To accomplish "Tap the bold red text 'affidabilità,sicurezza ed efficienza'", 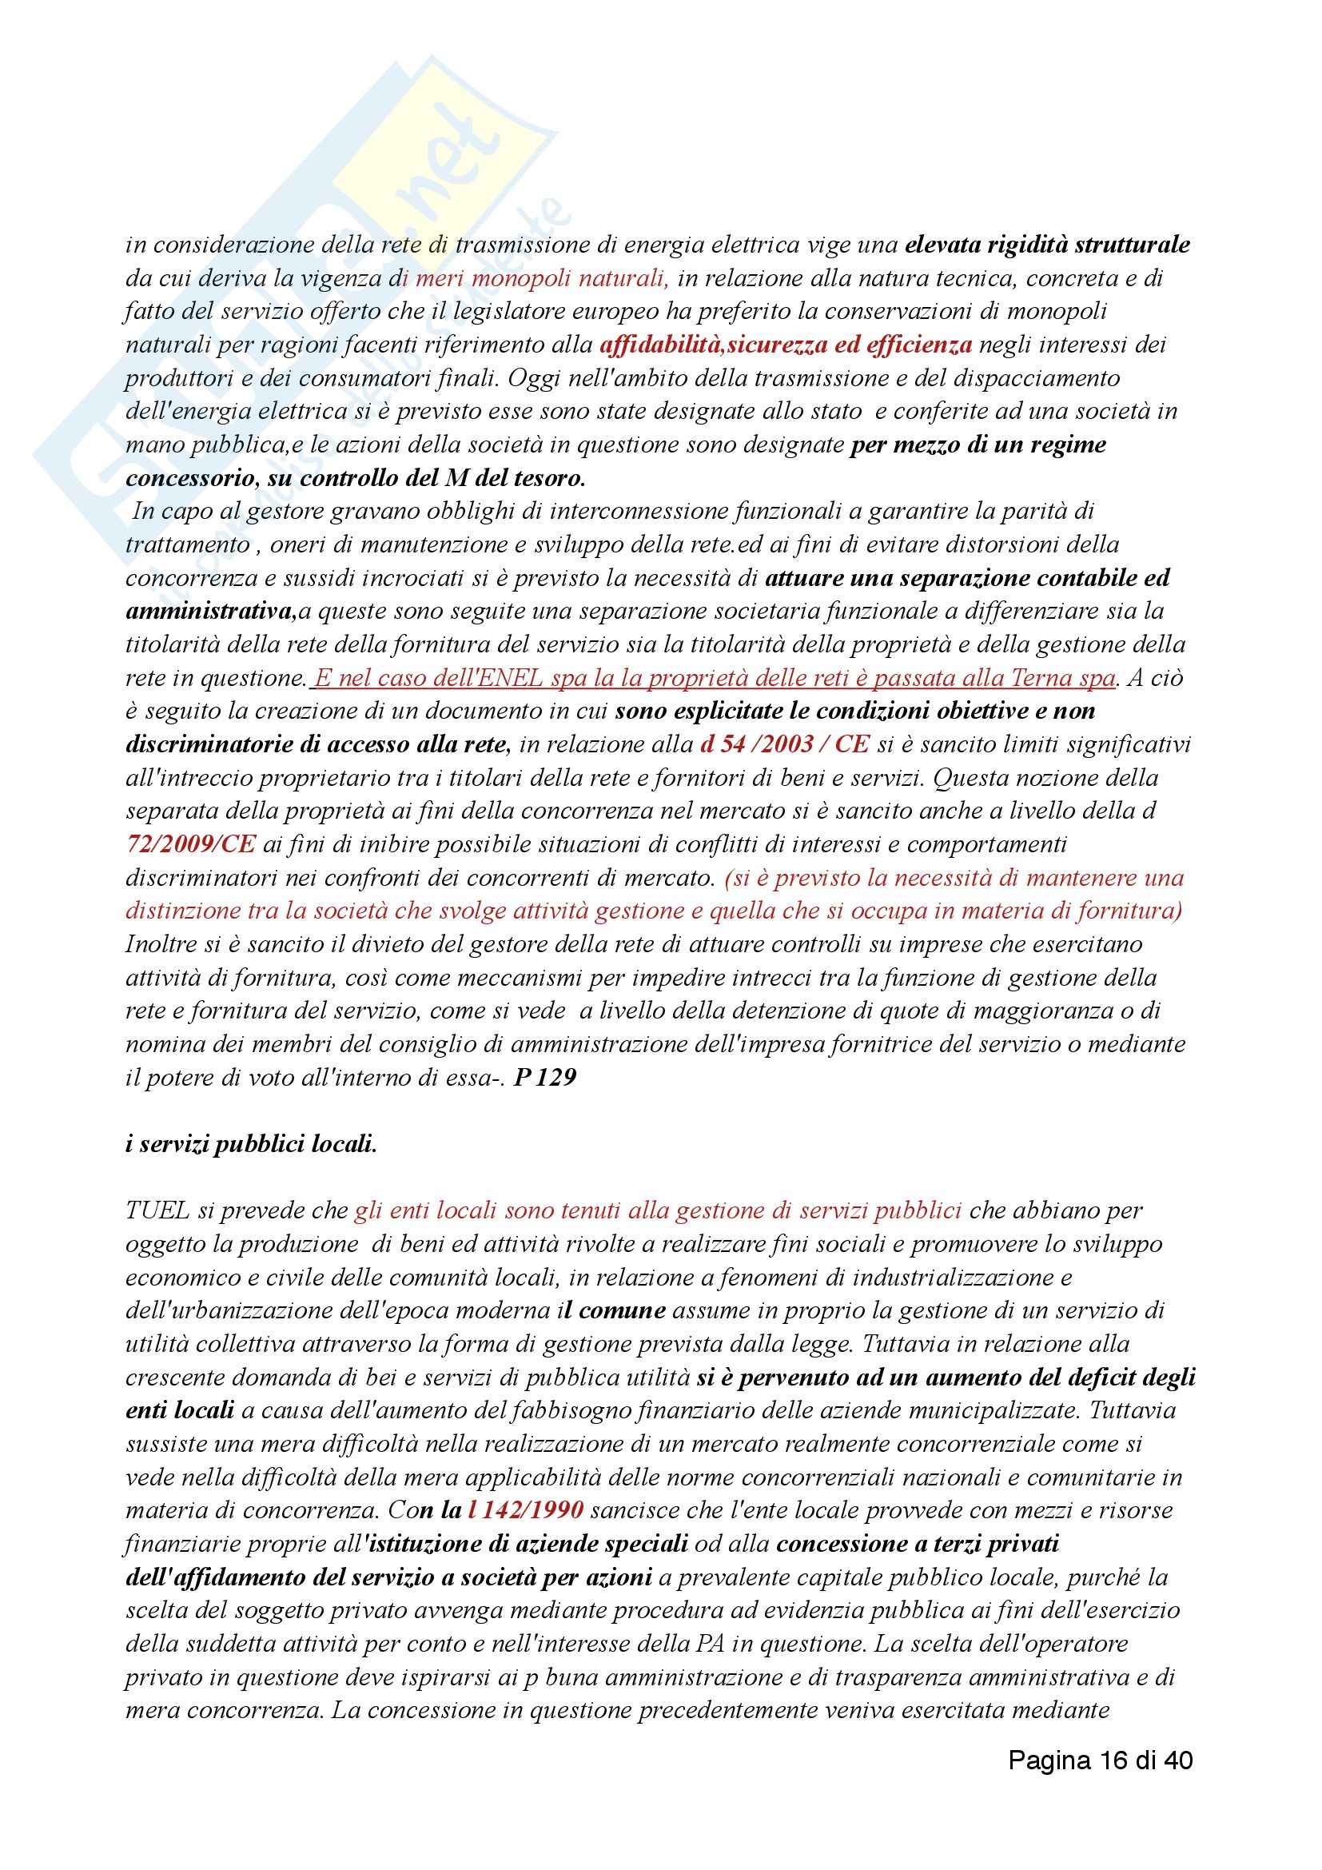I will pos(786,345).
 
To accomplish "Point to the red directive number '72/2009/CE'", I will pos(190,844).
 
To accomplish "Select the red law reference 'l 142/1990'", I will pos(526,1510).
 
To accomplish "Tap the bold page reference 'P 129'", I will pos(545,1078).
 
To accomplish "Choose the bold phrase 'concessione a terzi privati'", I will pos(918,1543).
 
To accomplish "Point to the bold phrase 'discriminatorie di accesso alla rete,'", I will pos(318,744).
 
